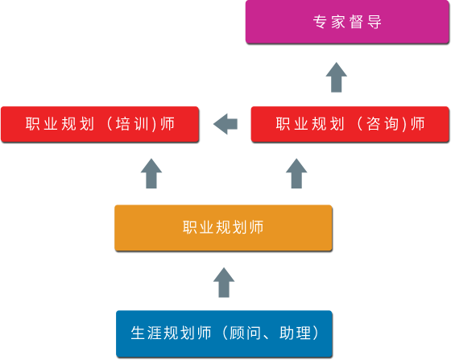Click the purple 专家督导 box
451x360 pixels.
pyautogui.click(x=347, y=22)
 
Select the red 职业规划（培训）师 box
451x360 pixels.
pyautogui.click(x=100, y=124)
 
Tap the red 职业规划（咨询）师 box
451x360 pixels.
pyautogui.click(x=350, y=124)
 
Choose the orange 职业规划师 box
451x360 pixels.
pyautogui.click(x=224, y=228)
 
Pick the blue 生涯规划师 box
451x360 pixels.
pyautogui.click(x=224, y=333)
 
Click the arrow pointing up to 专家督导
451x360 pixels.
pyautogui.click(x=337, y=77)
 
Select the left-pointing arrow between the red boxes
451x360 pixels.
pyautogui.click(x=225, y=124)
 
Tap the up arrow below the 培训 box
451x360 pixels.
pyautogui.click(x=151, y=173)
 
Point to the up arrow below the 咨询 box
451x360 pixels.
pyautogui.click(x=296, y=173)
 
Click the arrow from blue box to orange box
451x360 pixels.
pyautogui.click(x=224, y=283)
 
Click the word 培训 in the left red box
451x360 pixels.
pyautogui.click(x=132, y=124)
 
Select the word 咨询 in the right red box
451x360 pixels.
pyautogui.click(x=383, y=124)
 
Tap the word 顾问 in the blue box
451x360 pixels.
pyautogui.click(x=245, y=333)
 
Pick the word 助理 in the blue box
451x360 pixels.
pyautogui.click(x=296, y=333)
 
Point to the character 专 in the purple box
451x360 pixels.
pyautogui.click(x=321, y=22)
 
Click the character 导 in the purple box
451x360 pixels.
pyautogui.click(x=374, y=22)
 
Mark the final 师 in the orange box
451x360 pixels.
pyautogui.click(x=256, y=227)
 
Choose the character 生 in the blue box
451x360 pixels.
pyautogui.click(x=138, y=333)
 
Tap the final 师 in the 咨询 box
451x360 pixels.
pyautogui.click(x=418, y=124)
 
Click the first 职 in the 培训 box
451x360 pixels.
pyautogui.click(x=32, y=124)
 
